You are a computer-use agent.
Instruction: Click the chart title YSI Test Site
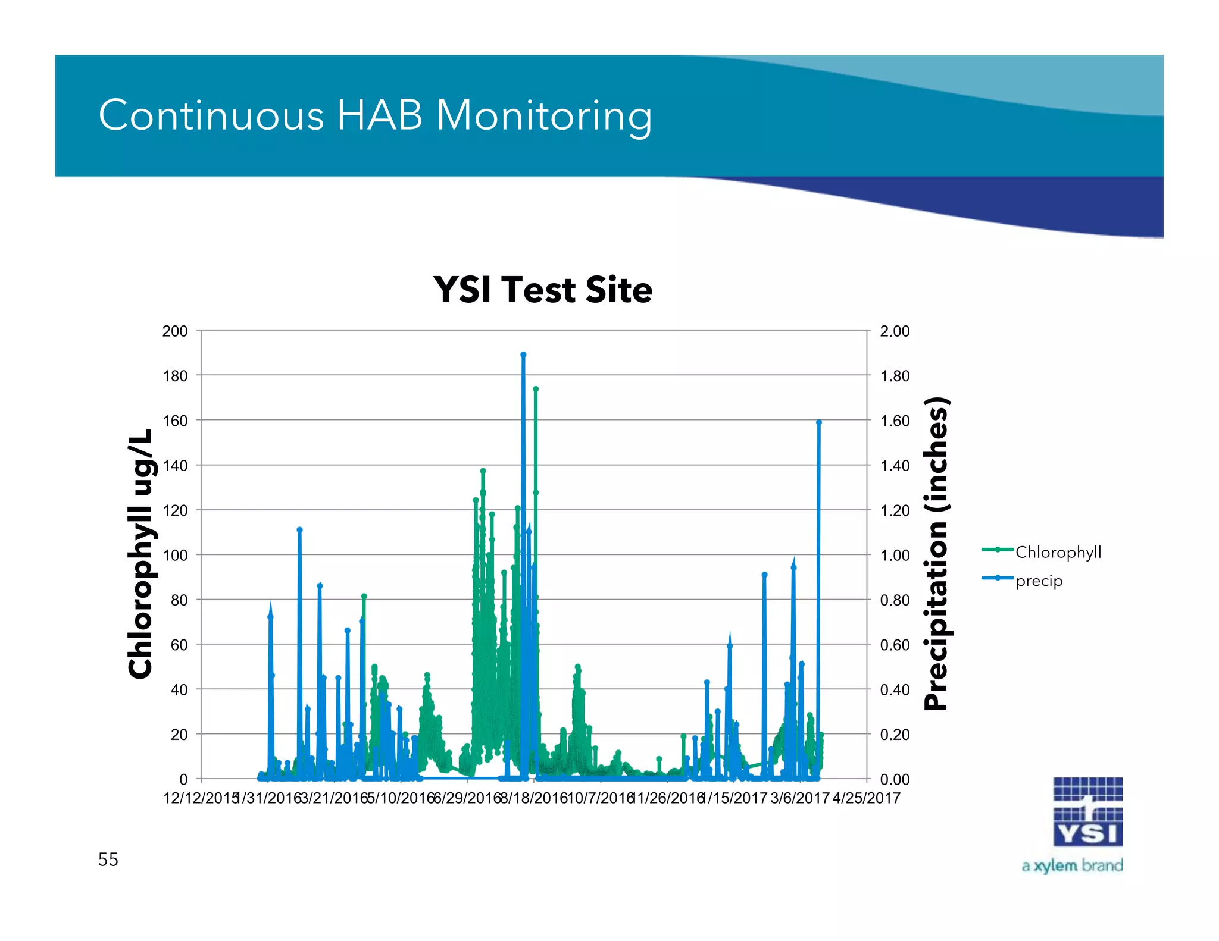pyautogui.click(x=542, y=290)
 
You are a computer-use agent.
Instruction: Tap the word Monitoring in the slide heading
pyautogui.click(x=544, y=115)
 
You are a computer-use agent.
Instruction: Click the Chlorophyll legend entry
pyautogui.click(x=1058, y=552)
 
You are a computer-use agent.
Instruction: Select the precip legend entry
pyautogui.click(x=1039, y=581)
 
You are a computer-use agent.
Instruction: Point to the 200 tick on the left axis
pyautogui.click(x=174, y=331)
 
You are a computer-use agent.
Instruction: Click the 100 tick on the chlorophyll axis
pyautogui.click(x=174, y=556)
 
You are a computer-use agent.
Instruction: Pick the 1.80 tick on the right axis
pyautogui.click(x=895, y=376)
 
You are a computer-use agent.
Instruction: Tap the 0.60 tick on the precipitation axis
pyautogui.click(x=895, y=645)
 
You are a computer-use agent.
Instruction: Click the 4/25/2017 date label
pyautogui.click(x=866, y=798)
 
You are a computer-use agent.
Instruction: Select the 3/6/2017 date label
pyautogui.click(x=799, y=798)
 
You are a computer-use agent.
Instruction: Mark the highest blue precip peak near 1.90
pyautogui.click(x=523, y=355)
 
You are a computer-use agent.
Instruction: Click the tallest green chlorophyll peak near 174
pyautogui.click(x=536, y=389)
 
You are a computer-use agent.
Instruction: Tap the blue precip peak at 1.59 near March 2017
pyautogui.click(x=819, y=422)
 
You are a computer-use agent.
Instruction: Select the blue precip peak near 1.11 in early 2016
pyautogui.click(x=299, y=530)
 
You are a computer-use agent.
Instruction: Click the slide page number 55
pyautogui.click(x=108, y=860)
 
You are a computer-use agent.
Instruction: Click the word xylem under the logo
pyautogui.click(x=1055, y=866)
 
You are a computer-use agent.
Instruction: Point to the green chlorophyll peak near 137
pyautogui.click(x=483, y=471)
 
